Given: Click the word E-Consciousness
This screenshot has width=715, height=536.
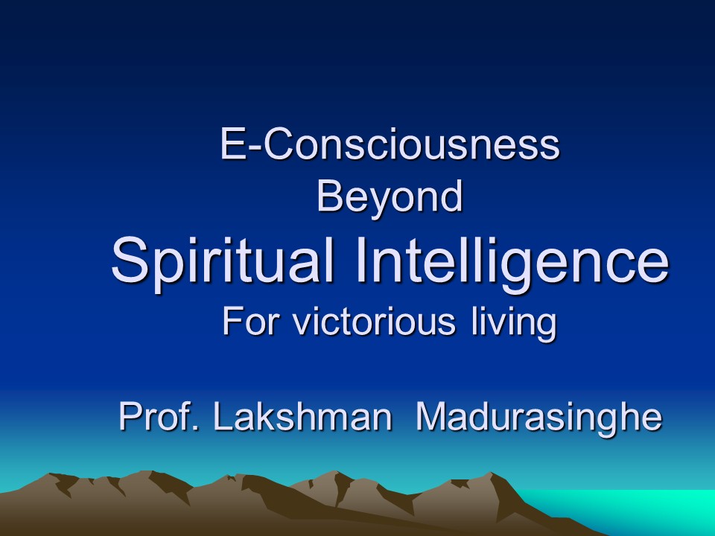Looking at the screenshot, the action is click(390, 144).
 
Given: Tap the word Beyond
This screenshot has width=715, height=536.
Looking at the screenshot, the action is click(390, 197).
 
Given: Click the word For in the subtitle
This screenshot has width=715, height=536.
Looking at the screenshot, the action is click(250, 321).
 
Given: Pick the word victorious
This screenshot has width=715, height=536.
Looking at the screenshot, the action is click(374, 321).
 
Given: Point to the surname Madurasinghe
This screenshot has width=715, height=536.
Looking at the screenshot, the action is click(539, 418).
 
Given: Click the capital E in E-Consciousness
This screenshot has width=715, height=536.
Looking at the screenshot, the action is click(232, 144).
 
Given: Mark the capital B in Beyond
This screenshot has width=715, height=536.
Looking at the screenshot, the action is click(329, 196).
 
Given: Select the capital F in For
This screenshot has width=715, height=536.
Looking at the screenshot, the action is click(232, 321).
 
